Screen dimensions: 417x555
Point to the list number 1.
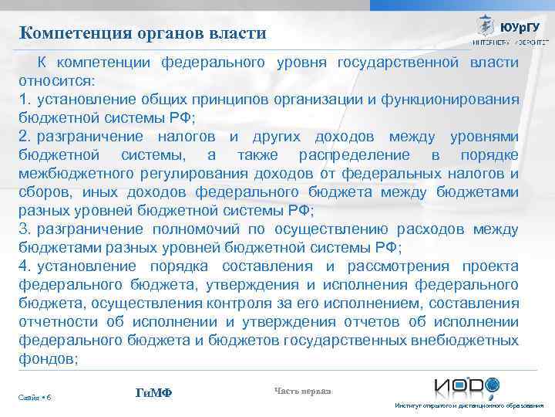click(23, 99)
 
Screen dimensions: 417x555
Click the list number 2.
click(24, 137)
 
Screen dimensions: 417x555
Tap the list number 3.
click(24, 229)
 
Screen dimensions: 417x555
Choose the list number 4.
click(24, 266)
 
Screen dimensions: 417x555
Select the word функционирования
click(450, 99)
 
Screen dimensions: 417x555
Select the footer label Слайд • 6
click(35, 397)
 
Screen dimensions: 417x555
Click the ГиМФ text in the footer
click(153, 393)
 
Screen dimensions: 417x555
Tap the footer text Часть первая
click(302, 391)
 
